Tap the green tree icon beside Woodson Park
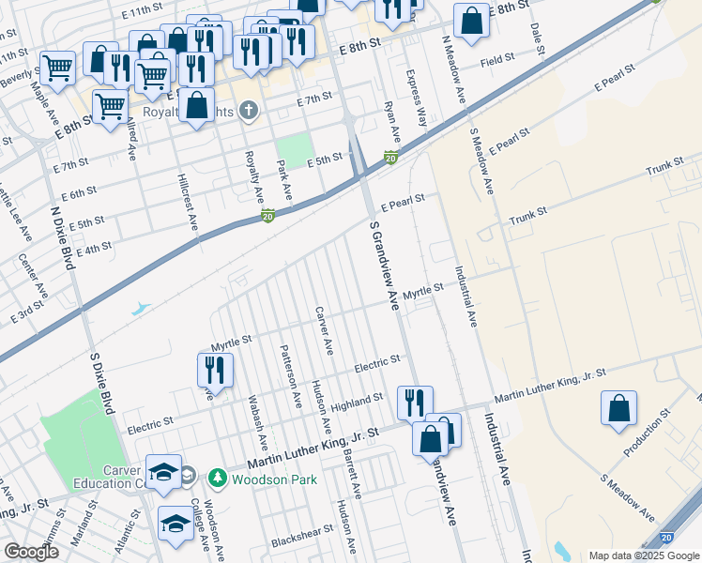click(x=218, y=479)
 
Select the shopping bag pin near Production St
click(x=618, y=409)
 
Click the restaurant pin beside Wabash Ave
click(x=215, y=371)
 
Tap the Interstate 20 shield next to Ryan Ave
click(x=390, y=158)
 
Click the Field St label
click(x=497, y=59)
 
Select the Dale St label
click(x=536, y=38)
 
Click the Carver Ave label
click(x=323, y=331)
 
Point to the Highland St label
click(x=358, y=398)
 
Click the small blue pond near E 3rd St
click(x=141, y=307)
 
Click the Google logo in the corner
click(x=31, y=552)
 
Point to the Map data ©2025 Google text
click(x=643, y=555)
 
